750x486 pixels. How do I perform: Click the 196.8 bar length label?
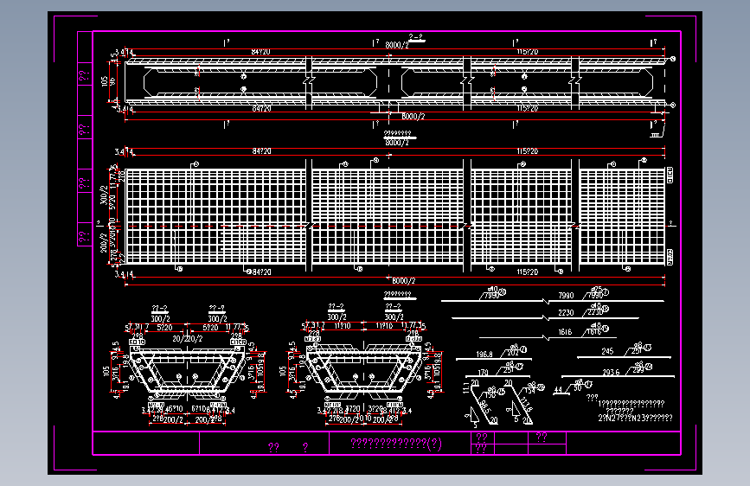tap(484, 353)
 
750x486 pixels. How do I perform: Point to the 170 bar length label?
tap(484, 373)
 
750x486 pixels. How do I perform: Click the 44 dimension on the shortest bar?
tap(555, 391)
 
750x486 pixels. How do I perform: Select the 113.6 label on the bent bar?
tap(525, 403)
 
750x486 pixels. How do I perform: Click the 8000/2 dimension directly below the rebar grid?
tap(403, 280)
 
